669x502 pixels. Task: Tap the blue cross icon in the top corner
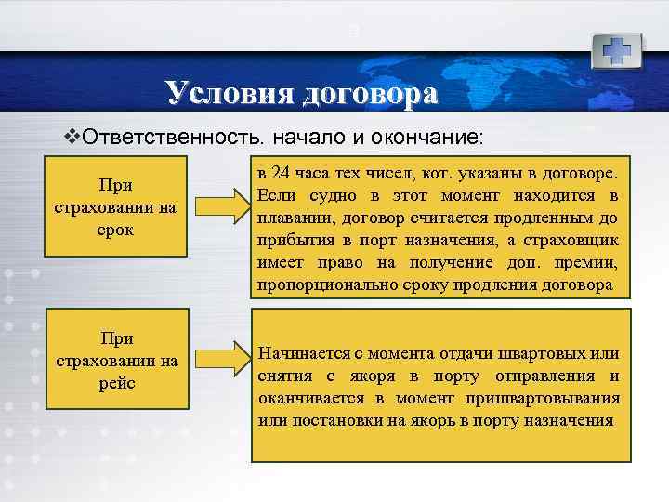click(x=617, y=48)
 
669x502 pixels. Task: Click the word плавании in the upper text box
click(x=292, y=218)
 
